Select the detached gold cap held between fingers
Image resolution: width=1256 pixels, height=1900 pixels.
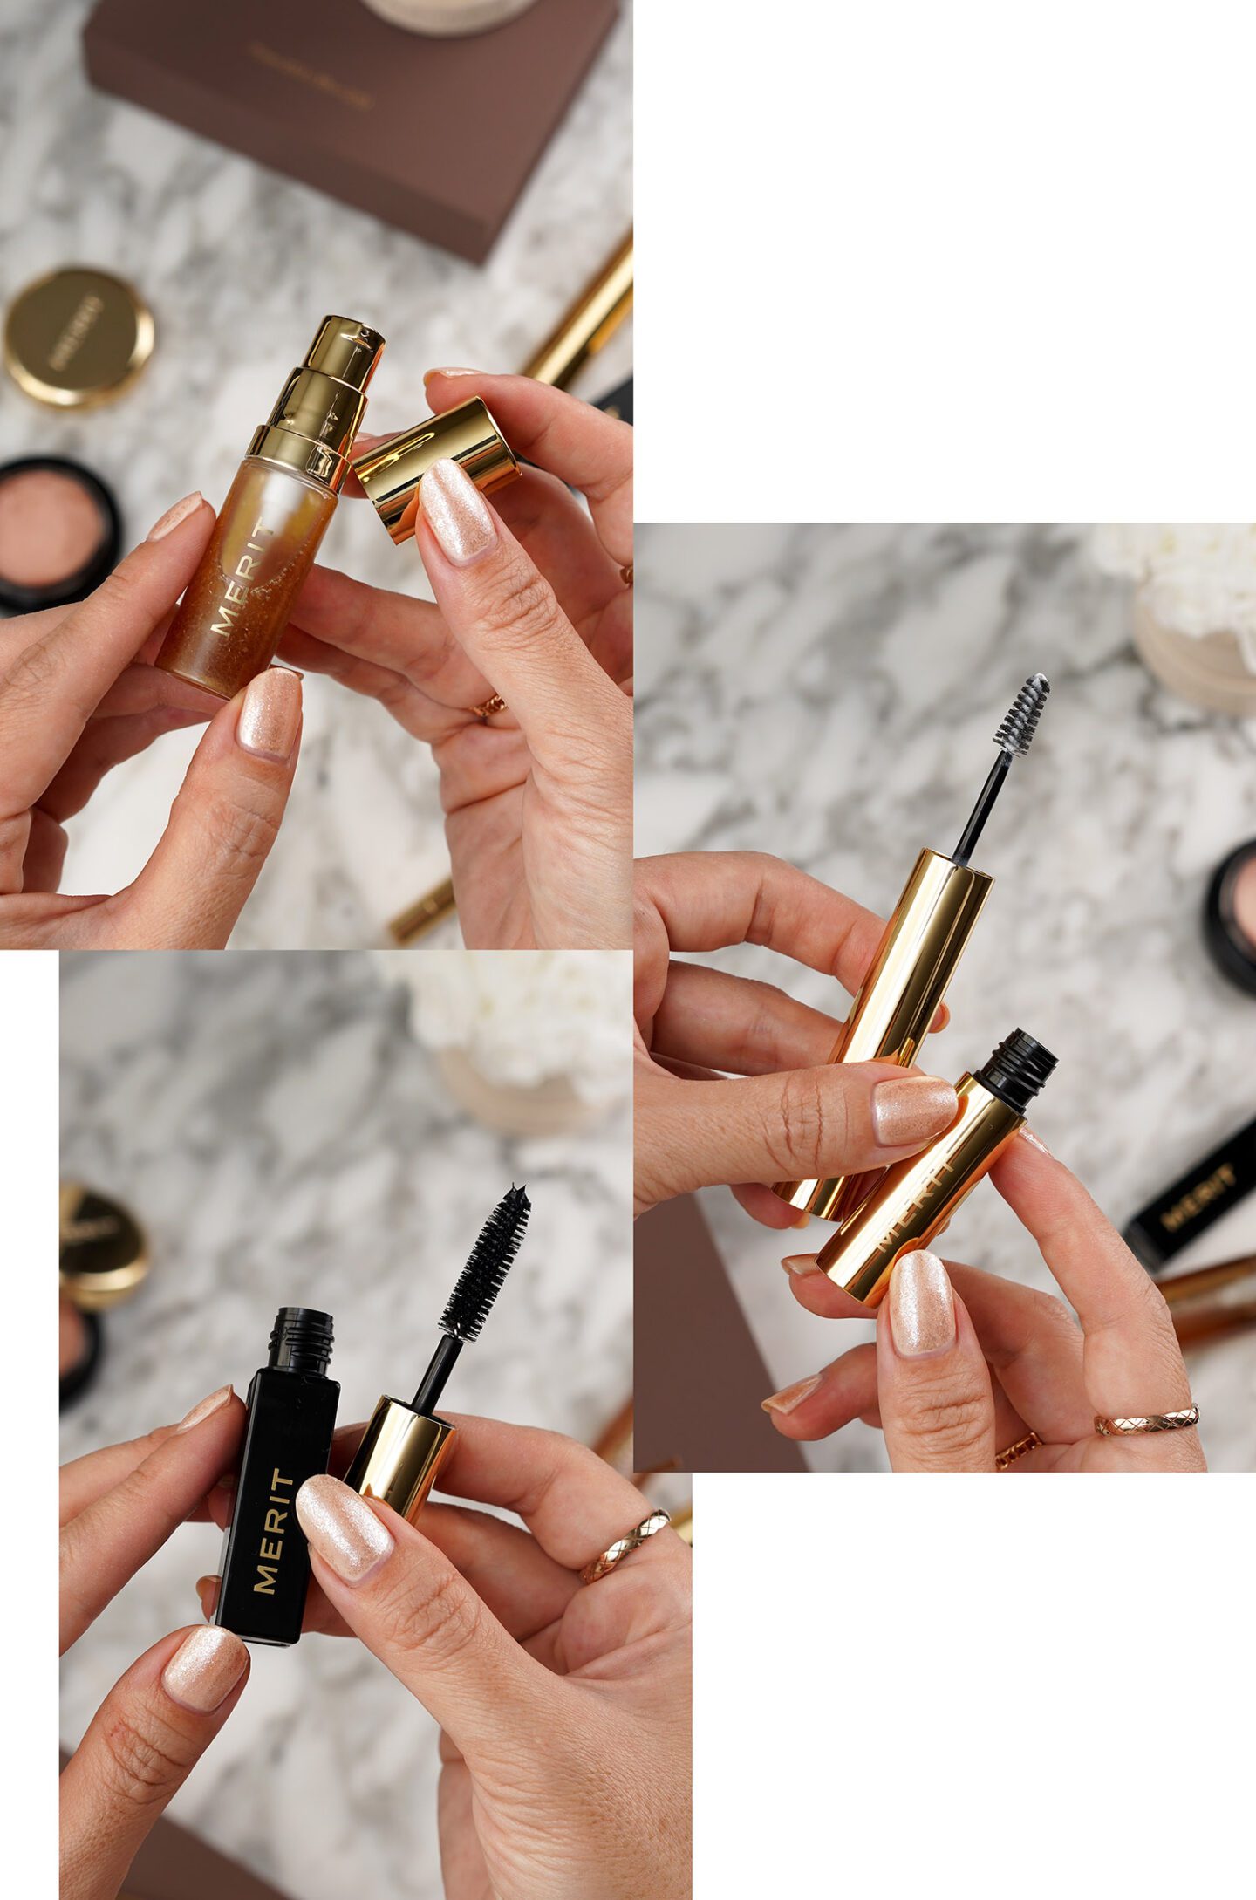point(436,467)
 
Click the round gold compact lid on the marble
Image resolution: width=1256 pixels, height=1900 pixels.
point(78,337)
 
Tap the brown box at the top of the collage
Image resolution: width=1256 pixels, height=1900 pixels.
point(349,113)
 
